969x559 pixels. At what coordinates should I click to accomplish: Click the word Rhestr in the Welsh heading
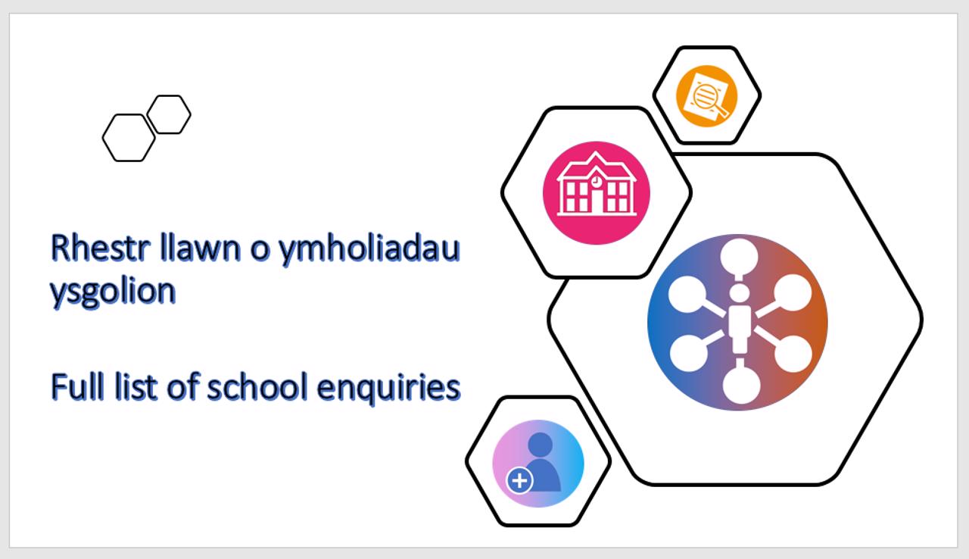click(x=101, y=248)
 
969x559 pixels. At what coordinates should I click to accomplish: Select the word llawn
click(x=200, y=248)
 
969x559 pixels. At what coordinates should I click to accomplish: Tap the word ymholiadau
click(x=369, y=251)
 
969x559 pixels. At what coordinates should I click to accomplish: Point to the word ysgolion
click(x=113, y=292)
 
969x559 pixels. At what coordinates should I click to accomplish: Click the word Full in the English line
click(x=78, y=386)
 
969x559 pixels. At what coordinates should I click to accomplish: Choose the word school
click(x=257, y=386)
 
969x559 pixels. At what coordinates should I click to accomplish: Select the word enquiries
click(x=388, y=388)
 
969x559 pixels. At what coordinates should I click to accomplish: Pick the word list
click(x=136, y=386)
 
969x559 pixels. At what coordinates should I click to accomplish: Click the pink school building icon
click(x=597, y=193)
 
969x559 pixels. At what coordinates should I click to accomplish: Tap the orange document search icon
click(x=707, y=96)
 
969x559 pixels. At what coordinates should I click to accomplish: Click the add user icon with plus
click(x=538, y=464)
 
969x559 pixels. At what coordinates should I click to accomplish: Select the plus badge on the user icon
click(x=519, y=481)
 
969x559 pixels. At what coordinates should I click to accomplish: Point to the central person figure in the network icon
click(x=740, y=318)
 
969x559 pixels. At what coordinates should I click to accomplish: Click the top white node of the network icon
click(x=740, y=255)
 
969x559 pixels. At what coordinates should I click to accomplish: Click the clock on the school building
click(x=597, y=180)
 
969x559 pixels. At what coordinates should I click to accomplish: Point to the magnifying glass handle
click(x=721, y=111)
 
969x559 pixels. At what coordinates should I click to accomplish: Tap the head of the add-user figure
click(x=541, y=445)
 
